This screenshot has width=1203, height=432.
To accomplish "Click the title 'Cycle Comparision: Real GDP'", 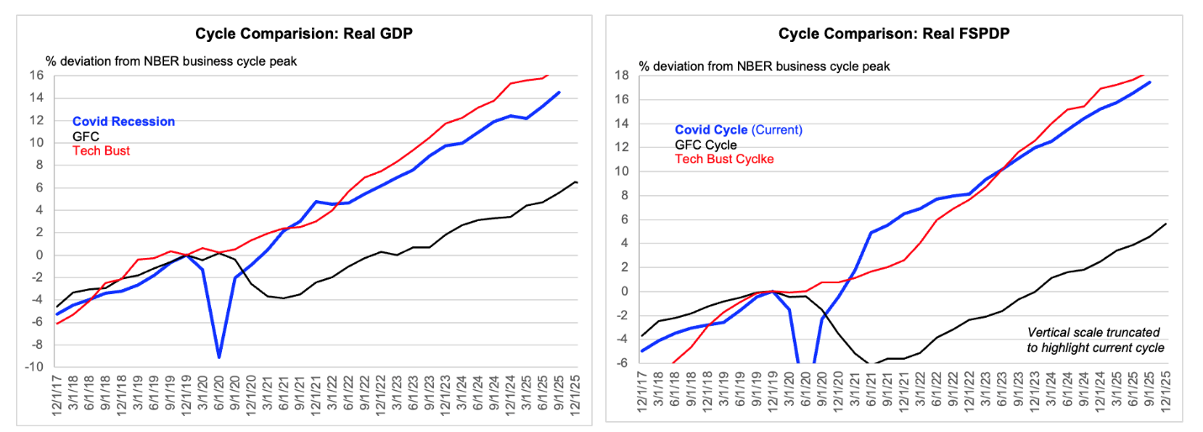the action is click(x=304, y=34).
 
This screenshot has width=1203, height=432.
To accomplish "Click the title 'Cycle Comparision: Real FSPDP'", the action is click(x=894, y=34).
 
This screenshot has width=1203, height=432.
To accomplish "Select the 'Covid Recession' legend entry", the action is click(x=124, y=122).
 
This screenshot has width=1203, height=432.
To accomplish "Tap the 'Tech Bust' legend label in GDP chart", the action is click(x=101, y=150).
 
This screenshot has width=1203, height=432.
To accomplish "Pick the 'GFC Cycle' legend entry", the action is click(x=705, y=145).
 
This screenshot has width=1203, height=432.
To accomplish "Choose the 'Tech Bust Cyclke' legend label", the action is click(x=724, y=159).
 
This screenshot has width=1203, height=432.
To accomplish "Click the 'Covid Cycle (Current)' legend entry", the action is click(x=738, y=130).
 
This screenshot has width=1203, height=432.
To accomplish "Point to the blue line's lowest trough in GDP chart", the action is click(x=219, y=357).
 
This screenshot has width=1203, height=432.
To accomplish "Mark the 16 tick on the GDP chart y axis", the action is click(x=36, y=75).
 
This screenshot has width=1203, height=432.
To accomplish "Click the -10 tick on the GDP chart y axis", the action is click(x=34, y=367).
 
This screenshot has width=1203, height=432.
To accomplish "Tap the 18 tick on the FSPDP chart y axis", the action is click(x=621, y=75).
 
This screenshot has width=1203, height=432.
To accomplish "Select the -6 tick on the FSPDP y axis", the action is click(x=623, y=363).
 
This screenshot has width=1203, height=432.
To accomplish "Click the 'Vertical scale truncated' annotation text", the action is click(x=1094, y=333).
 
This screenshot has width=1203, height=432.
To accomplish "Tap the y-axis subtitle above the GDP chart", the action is click(x=171, y=61).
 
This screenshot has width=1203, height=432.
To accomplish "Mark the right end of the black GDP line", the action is click(x=577, y=183).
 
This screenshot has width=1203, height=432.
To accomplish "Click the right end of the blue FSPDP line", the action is click(x=1150, y=82).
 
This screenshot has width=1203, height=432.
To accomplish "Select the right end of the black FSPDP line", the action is click(x=1166, y=224).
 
